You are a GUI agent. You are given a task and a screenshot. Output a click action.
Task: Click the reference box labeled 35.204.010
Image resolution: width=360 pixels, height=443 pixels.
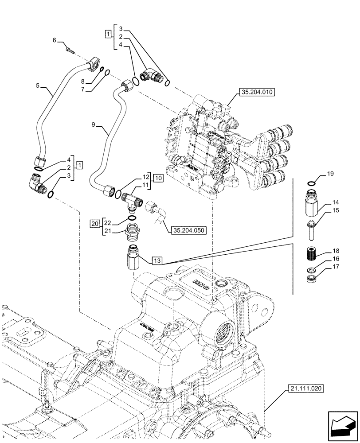click(x=257, y=93)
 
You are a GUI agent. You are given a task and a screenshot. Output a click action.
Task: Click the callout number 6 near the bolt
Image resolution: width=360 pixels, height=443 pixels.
click(x=55, y=40)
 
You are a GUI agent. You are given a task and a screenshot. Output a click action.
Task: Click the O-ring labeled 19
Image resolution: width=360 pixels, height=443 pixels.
click(x=312, y=184)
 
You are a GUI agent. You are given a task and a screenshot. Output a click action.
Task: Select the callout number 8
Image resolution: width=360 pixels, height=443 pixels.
click(x=82, y=82)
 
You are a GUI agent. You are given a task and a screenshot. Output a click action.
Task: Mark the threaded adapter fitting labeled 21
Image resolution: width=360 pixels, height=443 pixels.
click(x=133, y=232)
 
